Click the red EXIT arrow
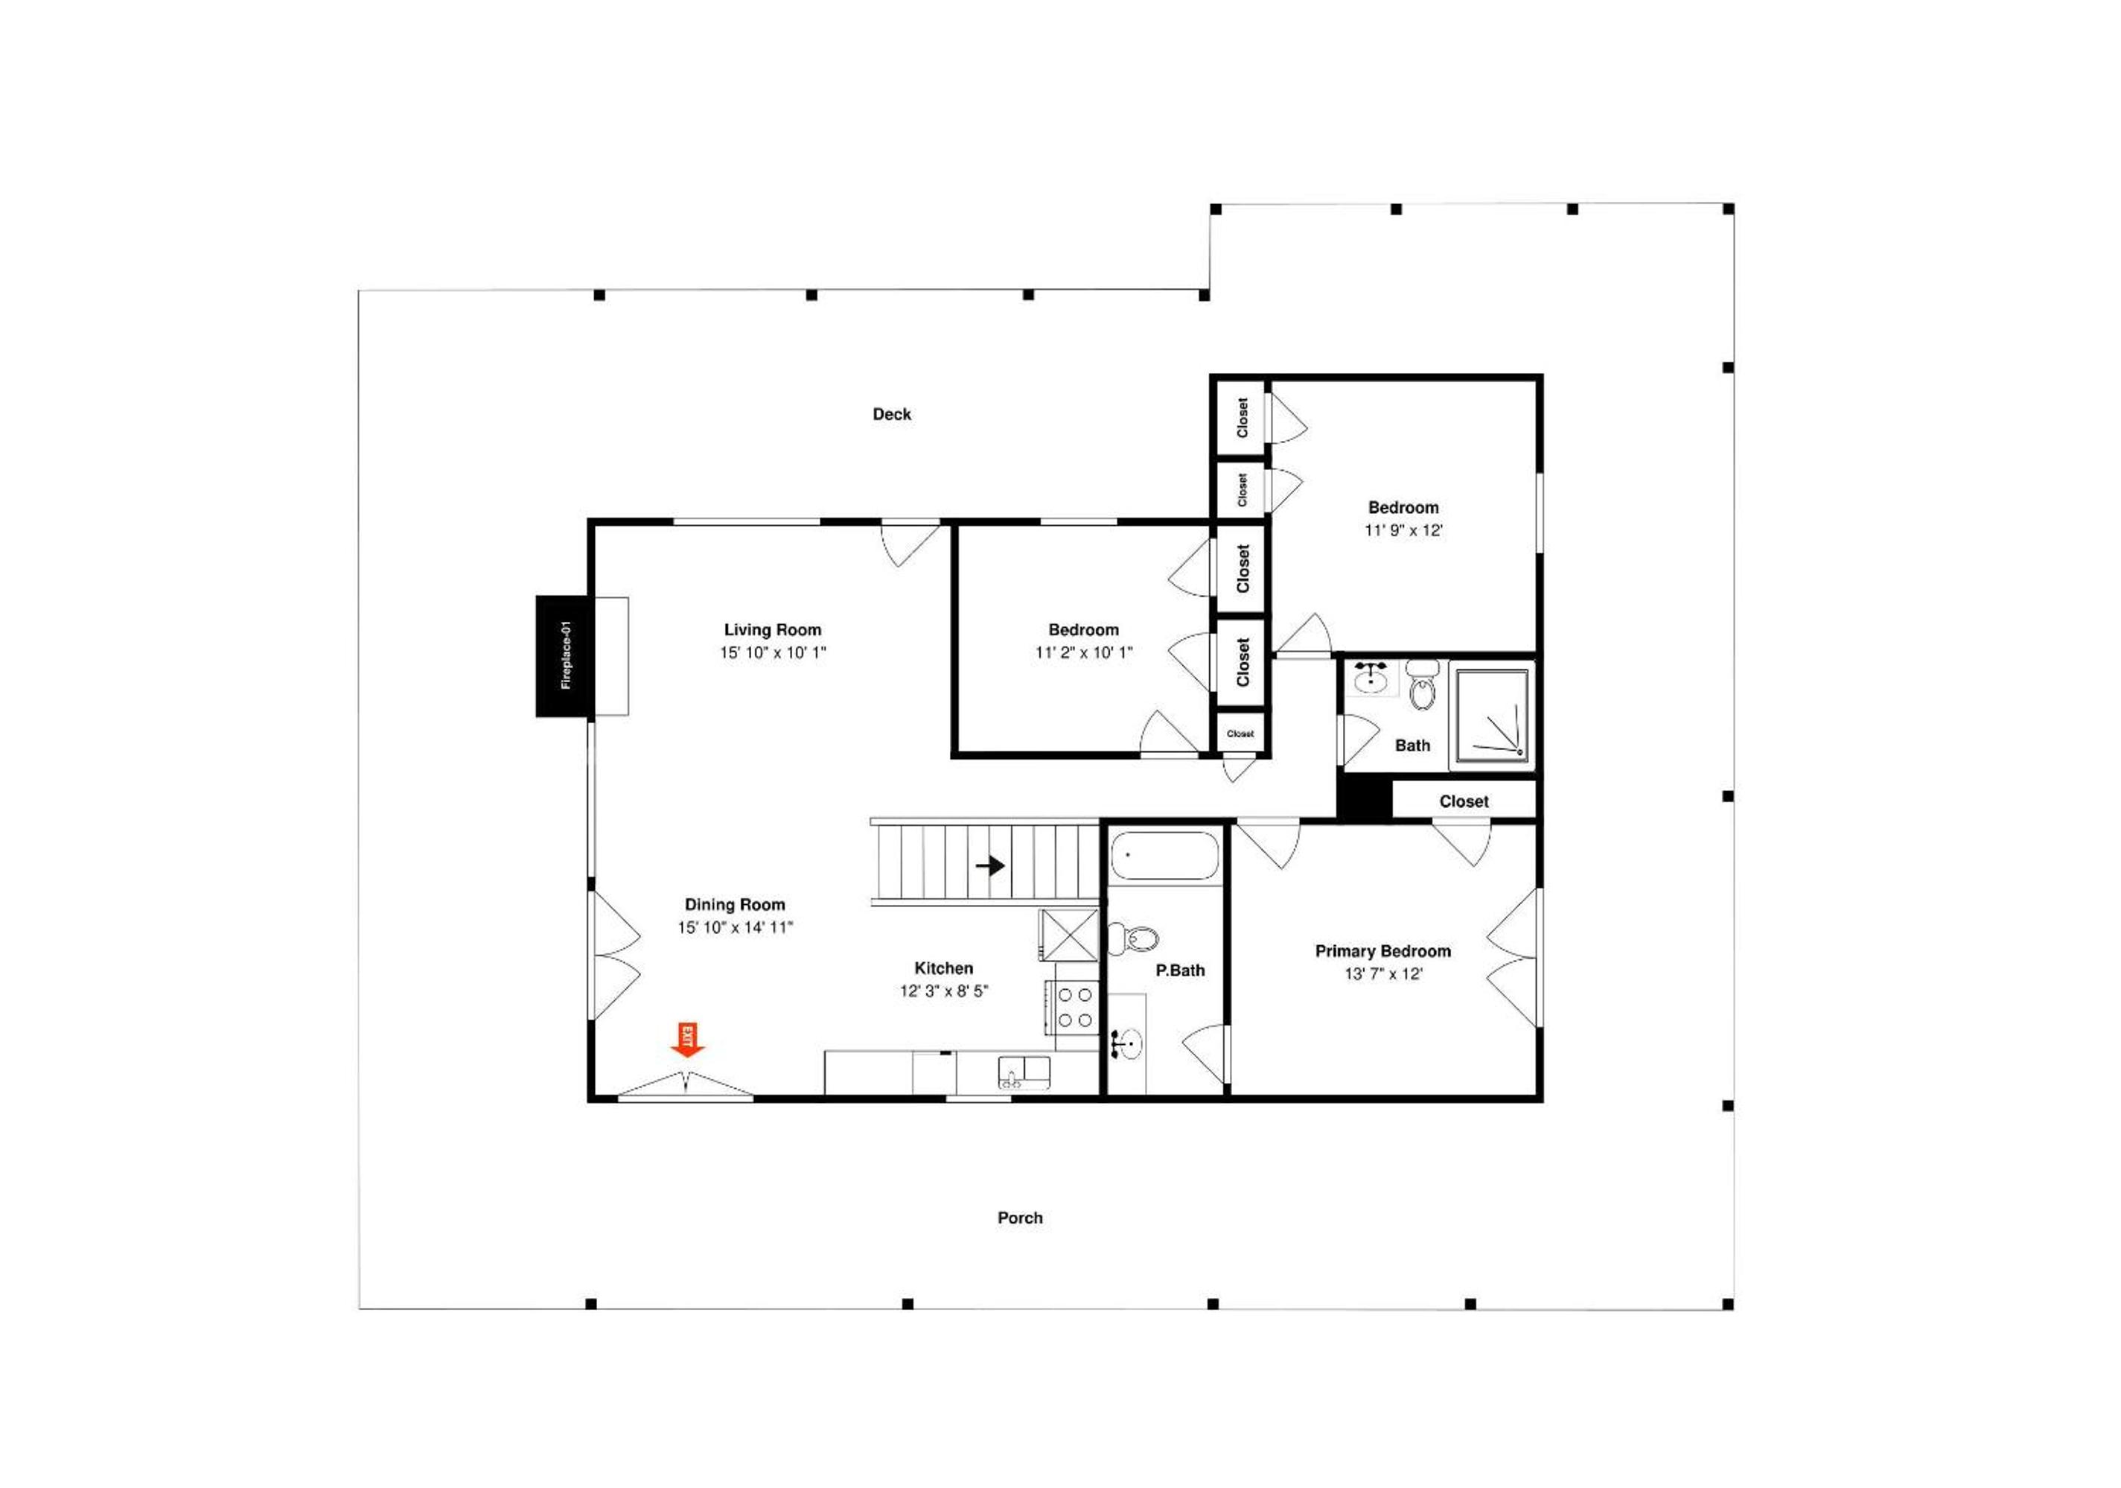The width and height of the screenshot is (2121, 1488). tap(687, 1040)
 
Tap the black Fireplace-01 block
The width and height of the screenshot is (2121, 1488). tap(564, 656)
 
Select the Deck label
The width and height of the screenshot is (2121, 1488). tap(891, 414)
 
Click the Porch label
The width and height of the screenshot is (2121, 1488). tap(1020, 1218)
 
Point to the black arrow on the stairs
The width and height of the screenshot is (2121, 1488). tap(990, 866)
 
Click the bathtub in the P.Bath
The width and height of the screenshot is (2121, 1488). tap(1164, 856)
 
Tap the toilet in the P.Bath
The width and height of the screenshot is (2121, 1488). tap(1132, 939)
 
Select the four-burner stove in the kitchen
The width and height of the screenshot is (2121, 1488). tap(1074, 1008)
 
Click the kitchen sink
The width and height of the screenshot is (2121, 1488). tap(1024, 1073)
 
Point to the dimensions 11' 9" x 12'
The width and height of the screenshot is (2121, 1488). tap(1403, 530)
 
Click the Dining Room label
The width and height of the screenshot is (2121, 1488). tap(736, 905)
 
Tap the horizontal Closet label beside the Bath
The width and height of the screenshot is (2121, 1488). tap(1464, 801)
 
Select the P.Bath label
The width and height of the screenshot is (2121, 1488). tap(1181, 970)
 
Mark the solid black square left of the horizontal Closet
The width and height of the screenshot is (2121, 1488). tap(1365, 799)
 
